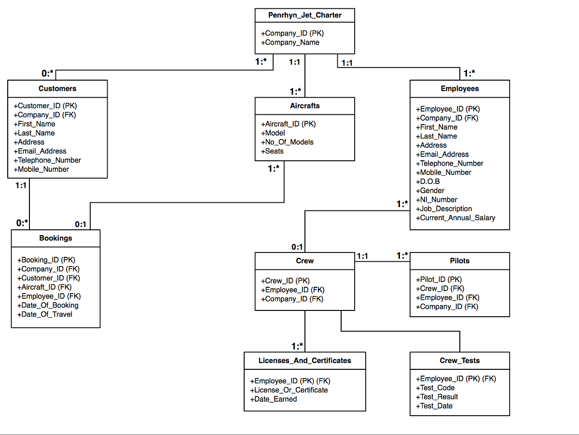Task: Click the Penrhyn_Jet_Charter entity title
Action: (304, 15)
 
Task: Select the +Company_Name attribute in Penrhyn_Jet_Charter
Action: (290, 42)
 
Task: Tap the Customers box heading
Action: (57, 88)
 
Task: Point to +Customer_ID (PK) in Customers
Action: (45, 106)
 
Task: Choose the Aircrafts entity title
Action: (304, 106)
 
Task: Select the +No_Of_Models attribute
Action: (287, 142)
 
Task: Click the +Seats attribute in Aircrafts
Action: (272, 151)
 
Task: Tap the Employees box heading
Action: (459, 88)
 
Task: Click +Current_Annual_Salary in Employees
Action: (455, 218)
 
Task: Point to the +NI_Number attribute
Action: (436, 200)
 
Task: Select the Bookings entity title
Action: (55, 238)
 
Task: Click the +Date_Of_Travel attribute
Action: (44, 314)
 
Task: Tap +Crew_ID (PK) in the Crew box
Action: (285, 281)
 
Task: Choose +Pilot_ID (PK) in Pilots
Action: (439, 280)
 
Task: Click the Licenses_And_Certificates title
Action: (304, 360)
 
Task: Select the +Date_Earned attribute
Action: (273, 399)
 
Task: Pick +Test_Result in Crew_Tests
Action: (437, 397)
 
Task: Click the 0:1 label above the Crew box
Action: (297, 247)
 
